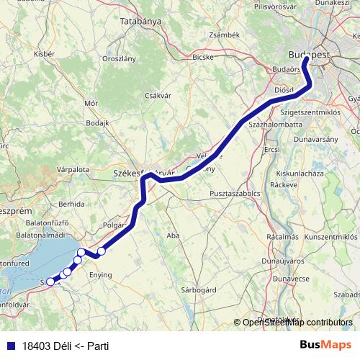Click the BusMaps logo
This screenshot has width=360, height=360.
pyautogui.click(x=325, y=345)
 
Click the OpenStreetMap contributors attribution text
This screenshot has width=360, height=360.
pyautogui.click(x=297, y=322)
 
